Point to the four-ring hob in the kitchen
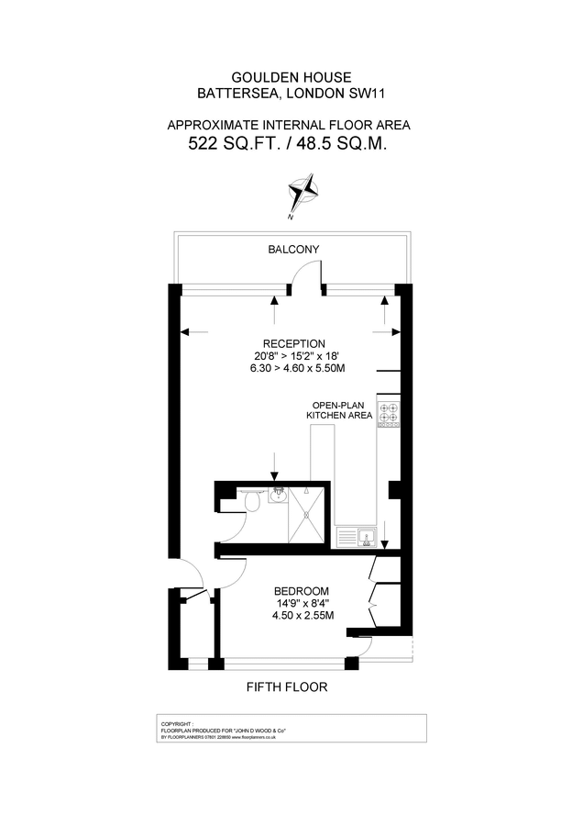[x=390, y=414]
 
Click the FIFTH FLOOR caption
[x=287, y=686]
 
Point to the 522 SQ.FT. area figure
[x=240, y=143]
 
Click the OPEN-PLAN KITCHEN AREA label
[x=339, y=410]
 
